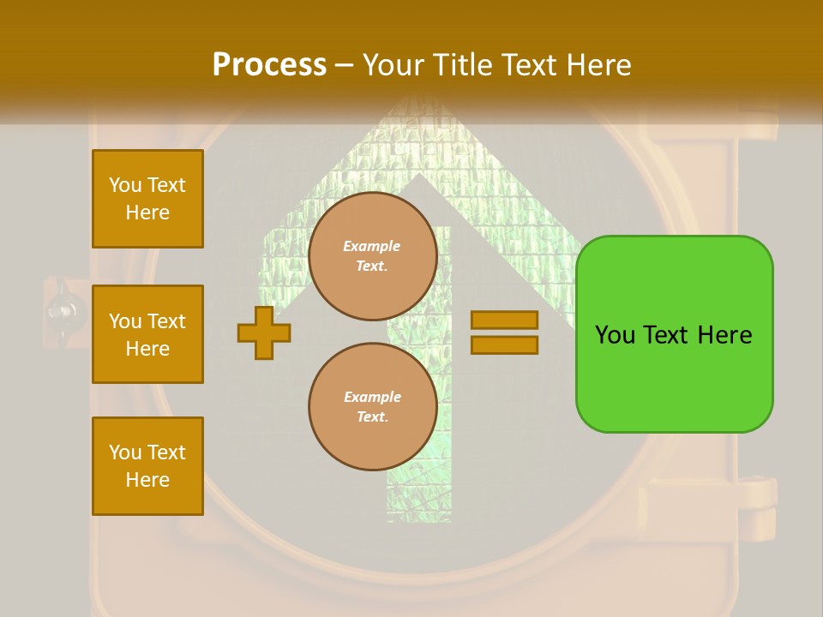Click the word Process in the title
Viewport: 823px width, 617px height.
coord(269,65)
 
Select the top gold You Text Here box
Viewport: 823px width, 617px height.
coord(147,199)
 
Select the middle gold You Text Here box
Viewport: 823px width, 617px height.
coord(147,334)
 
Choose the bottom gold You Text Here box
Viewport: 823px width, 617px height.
coord(147,466)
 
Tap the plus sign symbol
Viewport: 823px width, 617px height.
coord(264,332)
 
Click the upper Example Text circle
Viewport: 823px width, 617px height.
coord(373,256)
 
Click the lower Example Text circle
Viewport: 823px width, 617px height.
coord(373,407)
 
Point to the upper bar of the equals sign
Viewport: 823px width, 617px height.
coord(504,320)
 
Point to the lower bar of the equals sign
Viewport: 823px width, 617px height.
coord(504,344)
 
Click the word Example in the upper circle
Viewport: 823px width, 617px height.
coord(372,246)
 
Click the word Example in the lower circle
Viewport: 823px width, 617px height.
coord(372,397)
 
